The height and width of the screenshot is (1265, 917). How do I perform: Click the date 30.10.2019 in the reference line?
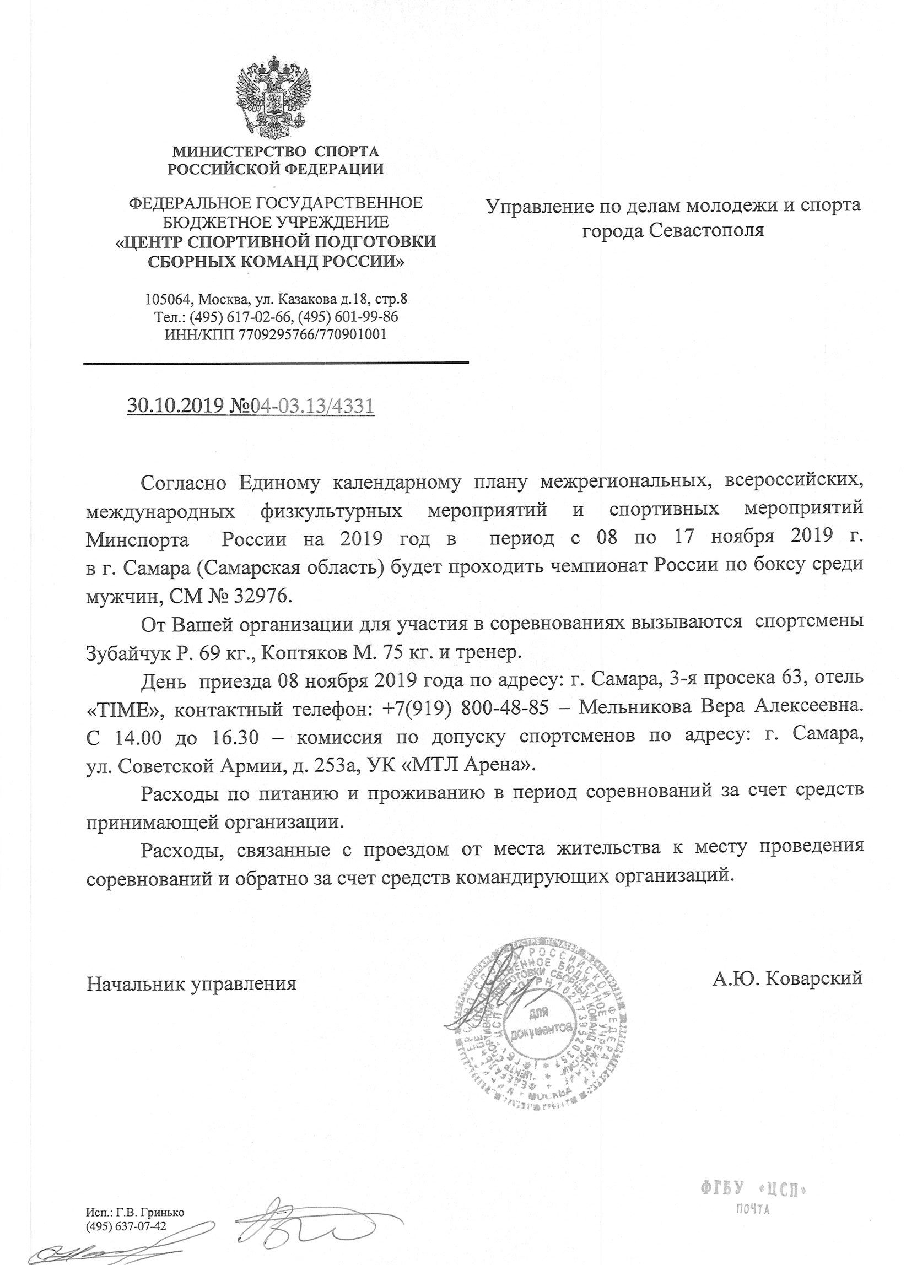[x=176, y=406]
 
